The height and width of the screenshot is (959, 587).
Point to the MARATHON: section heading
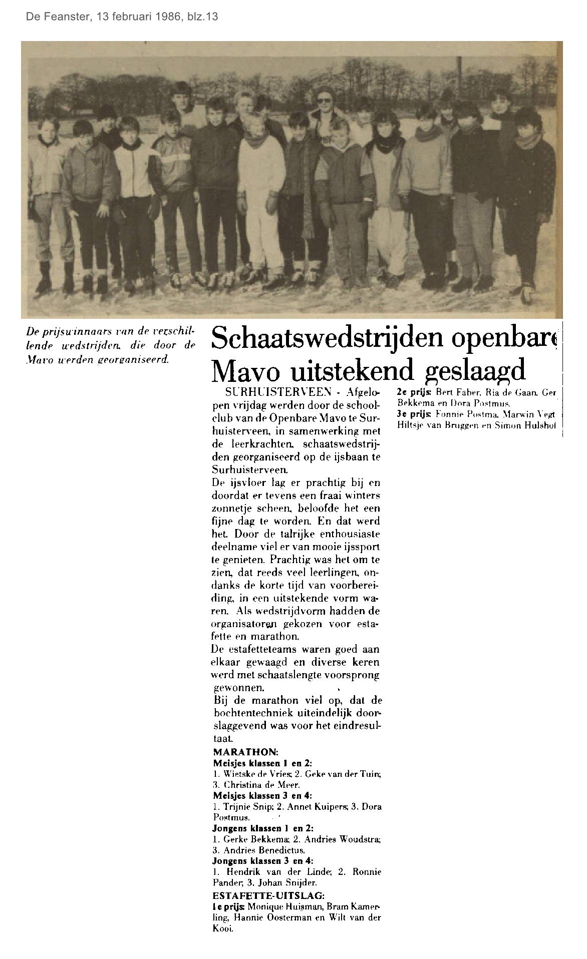(x=245, y=752)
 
